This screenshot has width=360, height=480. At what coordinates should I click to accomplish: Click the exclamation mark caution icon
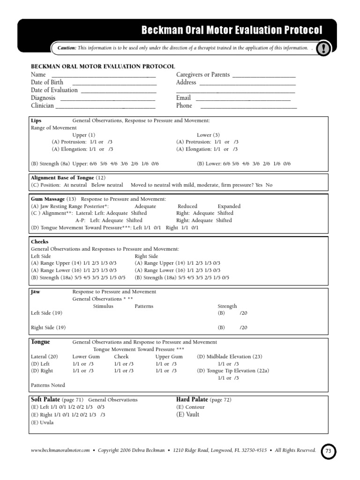[x=323, y=49]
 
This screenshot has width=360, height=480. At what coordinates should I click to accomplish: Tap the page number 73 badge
[x=328, y=451]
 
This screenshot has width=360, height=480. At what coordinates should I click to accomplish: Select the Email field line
[x=242, y=98]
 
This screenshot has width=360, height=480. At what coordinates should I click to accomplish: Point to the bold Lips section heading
[x=36, y=120]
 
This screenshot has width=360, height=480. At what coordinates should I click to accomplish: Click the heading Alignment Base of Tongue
[x=62, y=178]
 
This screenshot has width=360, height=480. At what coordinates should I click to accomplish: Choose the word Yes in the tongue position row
[x=259, y=185]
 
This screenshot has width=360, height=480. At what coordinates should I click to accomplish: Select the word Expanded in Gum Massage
[x=229, y=206]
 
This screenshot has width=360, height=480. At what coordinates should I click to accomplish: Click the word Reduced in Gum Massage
[x=187, y=206]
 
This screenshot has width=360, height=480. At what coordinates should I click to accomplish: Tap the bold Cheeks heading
[x=39, y=242]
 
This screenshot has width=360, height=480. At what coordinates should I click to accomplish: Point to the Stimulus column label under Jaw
[x=103, y=306]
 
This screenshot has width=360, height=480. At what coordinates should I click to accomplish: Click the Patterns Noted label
[x=48, y=385]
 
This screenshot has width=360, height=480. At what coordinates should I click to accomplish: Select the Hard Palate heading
[x=192, y=399]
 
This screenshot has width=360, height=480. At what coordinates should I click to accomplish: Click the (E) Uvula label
[x=42, y=422]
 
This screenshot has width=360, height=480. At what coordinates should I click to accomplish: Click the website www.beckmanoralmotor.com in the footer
[x=60, y=450]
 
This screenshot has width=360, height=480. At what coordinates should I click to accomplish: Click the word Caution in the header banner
[x=67, y=48]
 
